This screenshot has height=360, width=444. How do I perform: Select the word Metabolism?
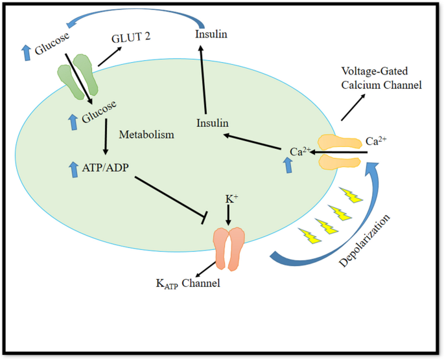[146, 135]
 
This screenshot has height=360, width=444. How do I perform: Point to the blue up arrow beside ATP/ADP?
[71, 169]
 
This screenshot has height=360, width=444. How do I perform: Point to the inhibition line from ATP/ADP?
[169, 198]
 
